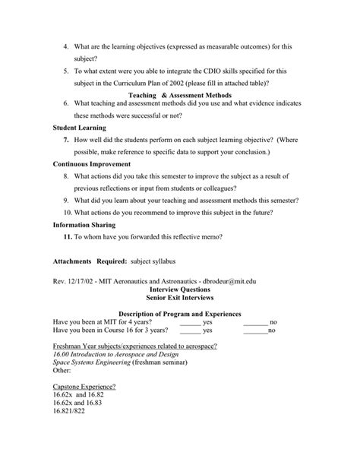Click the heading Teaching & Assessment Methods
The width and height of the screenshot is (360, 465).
(x=180, y=94)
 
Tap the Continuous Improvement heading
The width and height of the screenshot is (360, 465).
(x=92, y=163)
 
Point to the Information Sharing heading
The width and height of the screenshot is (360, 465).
(x=84, y=225)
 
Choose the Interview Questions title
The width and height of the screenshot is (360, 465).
(x=180, y=289)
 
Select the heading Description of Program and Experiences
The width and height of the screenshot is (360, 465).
(x=180, y=314)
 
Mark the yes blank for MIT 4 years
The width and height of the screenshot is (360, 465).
(x=191, y=322)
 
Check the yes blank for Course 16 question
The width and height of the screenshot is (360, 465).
(x=191, y=331)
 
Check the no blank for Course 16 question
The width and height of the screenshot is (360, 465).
(x=255, y=331)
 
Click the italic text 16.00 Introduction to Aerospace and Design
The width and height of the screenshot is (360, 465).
(x=107, y=355)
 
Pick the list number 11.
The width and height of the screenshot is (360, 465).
(x=68, y=237)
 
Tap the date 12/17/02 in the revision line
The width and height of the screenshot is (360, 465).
(x=81, y=282)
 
